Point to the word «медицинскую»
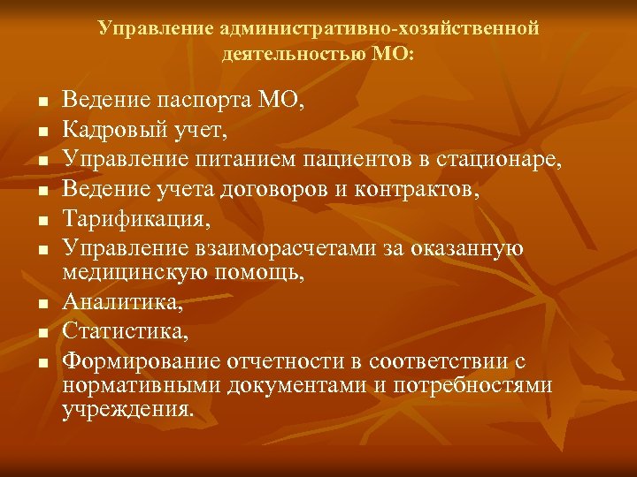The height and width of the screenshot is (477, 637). tap(129, 274)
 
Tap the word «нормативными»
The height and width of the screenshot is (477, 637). tap(141, 386)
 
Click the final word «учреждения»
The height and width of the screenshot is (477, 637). tap(127, 410)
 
